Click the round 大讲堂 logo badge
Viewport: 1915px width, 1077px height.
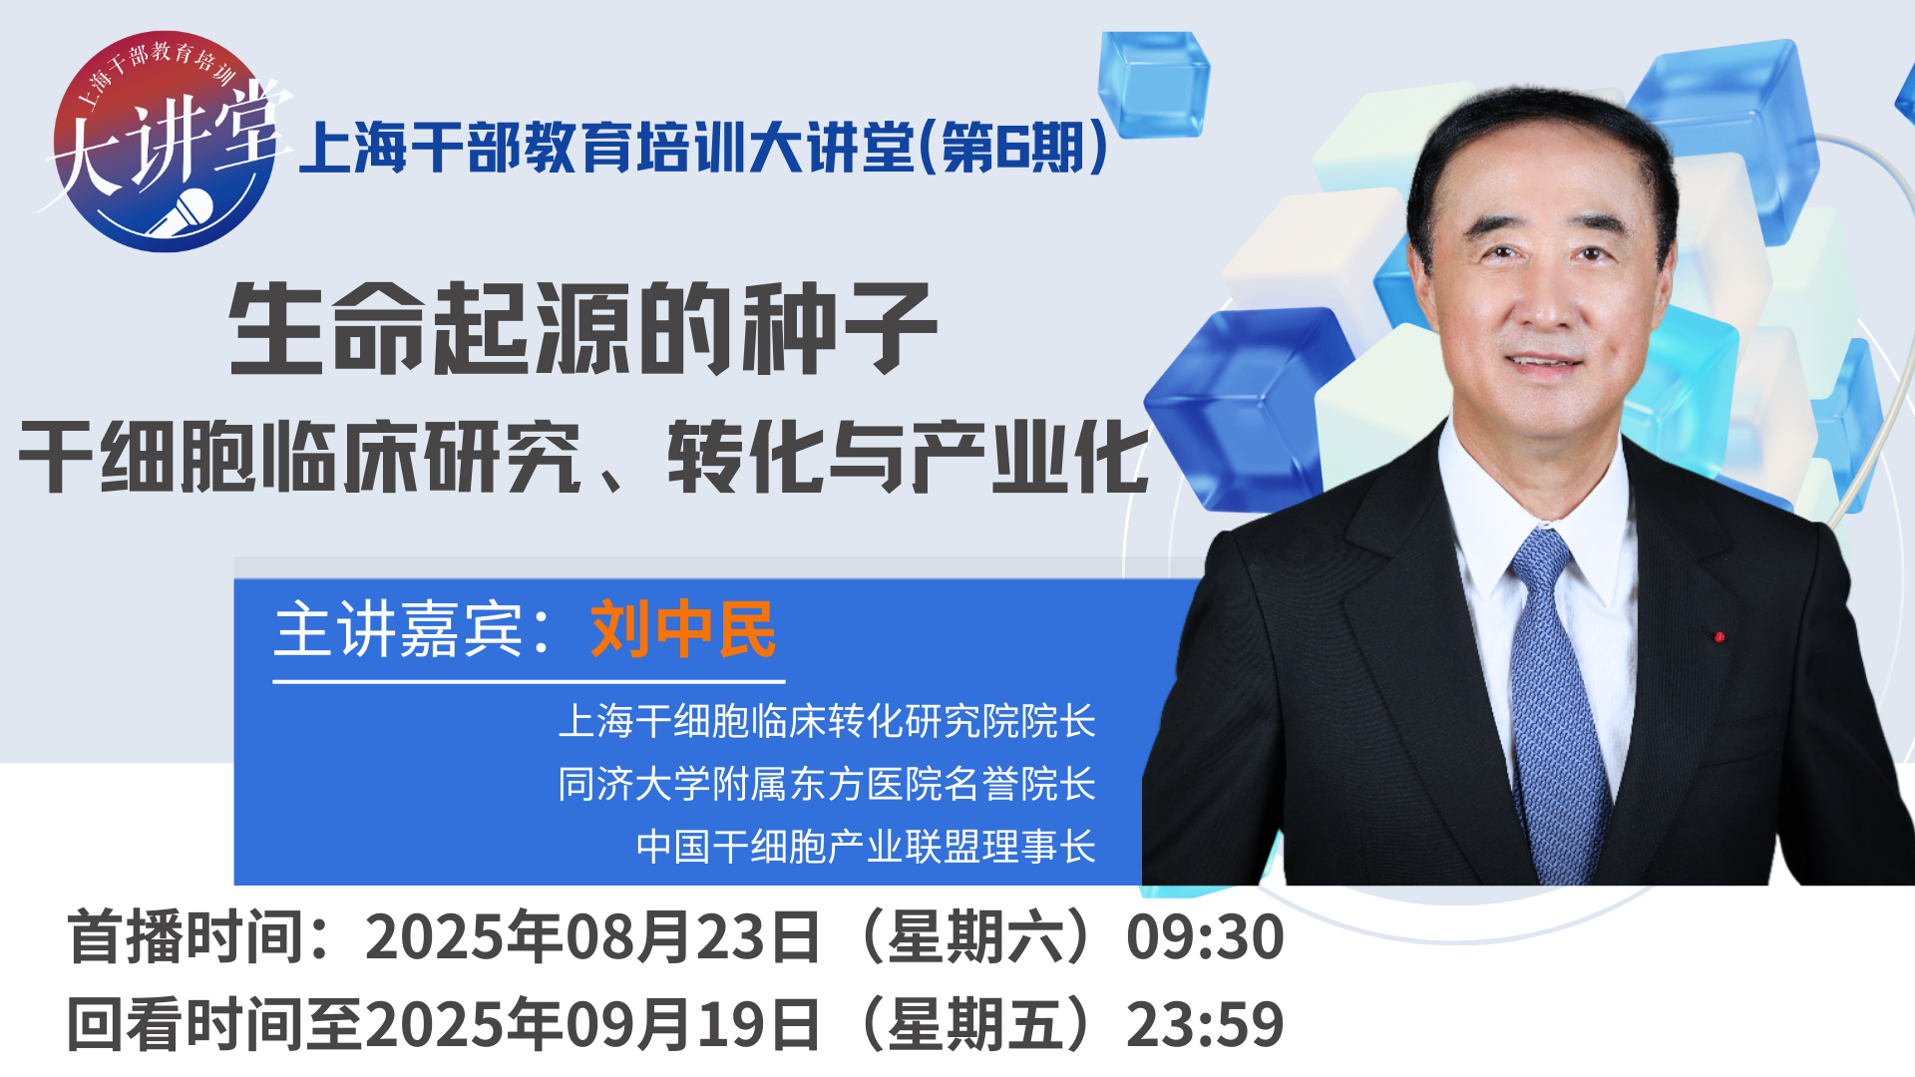pyautogui.click(x=165, y=142)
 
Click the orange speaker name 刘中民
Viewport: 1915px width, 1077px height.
pyautogui.click(x=683, y=629)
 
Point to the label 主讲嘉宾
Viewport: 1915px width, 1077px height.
pyautogui.click(x=398, y=629)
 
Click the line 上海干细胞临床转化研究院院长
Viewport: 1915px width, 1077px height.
pyautogui.click(x=827, y=721)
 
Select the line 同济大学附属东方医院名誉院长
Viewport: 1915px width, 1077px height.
pyautogui.click(x=827, y=784)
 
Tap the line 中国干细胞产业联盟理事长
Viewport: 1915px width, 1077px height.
pyautogui.click(x=866, y=847)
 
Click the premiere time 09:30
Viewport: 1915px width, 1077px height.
pyautogui.click(x=1205, y=937)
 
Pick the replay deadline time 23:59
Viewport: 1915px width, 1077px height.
pyautogui.click(x=1205, y=1024)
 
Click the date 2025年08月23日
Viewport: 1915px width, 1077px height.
pyautogui.click(x=592, y=937)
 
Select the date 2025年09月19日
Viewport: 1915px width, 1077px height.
pyautogui.click(x=592, y=1024)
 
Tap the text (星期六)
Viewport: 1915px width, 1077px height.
pyautogui.click(x=973, y=937)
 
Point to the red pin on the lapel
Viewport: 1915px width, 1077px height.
pyautogui.click(x=1719, y=636)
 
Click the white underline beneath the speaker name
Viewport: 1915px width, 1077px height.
pyautogui.click(x=529, y=681)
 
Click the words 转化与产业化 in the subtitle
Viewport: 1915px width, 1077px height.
pyautogui.click(x=908, y=457)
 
